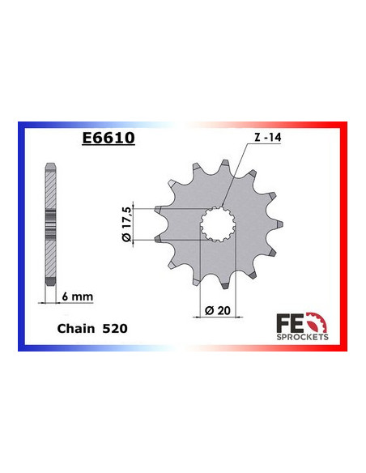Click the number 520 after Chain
point(114,329)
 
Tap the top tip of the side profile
point(50,164)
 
